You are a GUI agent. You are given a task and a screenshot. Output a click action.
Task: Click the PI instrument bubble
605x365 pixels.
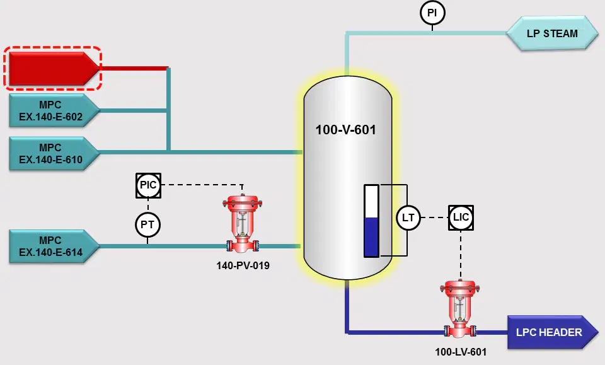tap(432, 13)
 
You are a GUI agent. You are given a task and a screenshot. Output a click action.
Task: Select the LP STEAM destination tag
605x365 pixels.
tap(552, 33)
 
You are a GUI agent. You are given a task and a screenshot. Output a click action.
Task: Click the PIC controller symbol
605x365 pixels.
tap(148, 185)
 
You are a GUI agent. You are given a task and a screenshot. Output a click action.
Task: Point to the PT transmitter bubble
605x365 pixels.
tap(147, 224)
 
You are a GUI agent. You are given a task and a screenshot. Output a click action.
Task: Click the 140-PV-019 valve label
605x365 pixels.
tap(243, 265)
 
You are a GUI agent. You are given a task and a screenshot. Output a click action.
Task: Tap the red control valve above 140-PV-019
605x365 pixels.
tap(242, 224)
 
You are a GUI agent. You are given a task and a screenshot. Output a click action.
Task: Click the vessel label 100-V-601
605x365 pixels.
tap(346, 130)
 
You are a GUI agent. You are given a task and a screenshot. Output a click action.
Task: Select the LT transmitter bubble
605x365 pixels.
tap(408, 217)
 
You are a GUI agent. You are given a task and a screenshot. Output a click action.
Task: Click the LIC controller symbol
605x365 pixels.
tap(461, 217)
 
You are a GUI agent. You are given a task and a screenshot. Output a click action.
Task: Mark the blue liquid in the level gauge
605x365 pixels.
tap(372, 236)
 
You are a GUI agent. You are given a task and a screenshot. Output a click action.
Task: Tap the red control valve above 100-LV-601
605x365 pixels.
tap(460, 310)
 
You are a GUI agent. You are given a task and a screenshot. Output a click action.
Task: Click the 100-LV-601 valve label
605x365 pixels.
tap(461, 352)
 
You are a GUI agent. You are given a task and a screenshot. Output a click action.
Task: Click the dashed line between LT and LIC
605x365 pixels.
tap(434, 217)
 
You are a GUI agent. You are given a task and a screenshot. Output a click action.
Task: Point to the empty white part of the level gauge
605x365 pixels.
tap(372, 202)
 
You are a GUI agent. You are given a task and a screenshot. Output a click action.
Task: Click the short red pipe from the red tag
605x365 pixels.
tap(134, 68)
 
